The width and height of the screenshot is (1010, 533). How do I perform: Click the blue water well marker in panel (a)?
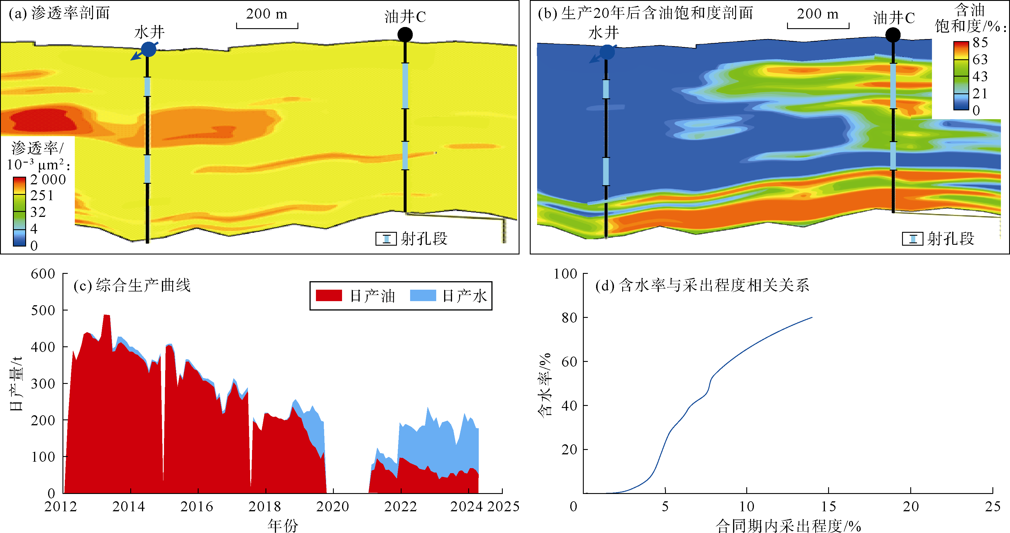pos(148,49)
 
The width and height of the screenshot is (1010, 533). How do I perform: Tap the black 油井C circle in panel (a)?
pos(405,35)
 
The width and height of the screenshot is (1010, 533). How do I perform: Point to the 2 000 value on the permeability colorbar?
pos(48,180)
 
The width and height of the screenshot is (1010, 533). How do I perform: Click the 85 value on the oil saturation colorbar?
pos(980,42)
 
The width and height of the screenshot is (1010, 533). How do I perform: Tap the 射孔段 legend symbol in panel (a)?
pos(386,238)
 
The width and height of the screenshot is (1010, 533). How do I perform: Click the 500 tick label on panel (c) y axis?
pos(43,310)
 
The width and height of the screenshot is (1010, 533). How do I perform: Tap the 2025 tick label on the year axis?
pos(504,507)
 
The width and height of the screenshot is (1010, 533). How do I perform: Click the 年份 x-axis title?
pos(283,525)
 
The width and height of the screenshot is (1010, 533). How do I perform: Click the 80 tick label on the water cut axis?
pos(569,318)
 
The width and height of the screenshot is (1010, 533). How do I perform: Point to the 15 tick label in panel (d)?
pos(828,507)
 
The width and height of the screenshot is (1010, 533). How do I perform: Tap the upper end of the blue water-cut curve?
pos(812,317)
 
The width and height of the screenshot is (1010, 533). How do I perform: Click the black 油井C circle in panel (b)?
pos(893,35)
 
